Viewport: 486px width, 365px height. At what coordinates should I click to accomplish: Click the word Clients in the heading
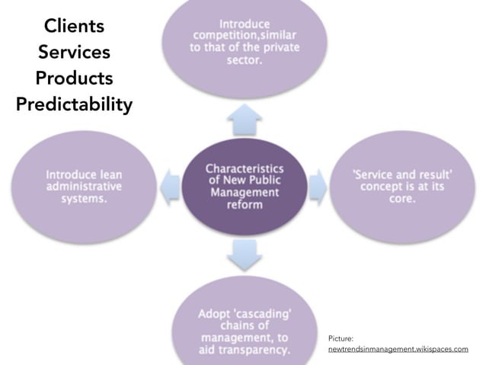pyautogui.click(x=73, y=27)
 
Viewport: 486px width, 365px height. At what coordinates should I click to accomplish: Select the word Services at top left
pyautogui.click(x=73, y=53)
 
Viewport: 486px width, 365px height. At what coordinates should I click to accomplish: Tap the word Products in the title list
pyautogui.click(x=73, y=78)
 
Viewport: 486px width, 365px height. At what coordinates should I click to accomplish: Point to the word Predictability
pyautogui.click(x=73, y=104)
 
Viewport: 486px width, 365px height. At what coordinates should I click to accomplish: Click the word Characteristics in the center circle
pyautogui.click(x=245, y=168)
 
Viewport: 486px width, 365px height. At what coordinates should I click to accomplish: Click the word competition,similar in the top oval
pyautogui.click(x=245, y=36)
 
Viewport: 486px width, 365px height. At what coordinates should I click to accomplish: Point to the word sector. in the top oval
pyautogui.click(x=245, y=60)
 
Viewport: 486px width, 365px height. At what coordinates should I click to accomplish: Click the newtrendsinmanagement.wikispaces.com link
pyautogui.click(x=398, y=348)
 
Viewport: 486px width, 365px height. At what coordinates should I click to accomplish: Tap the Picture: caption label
pyautogui.click(x=342, y=336)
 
